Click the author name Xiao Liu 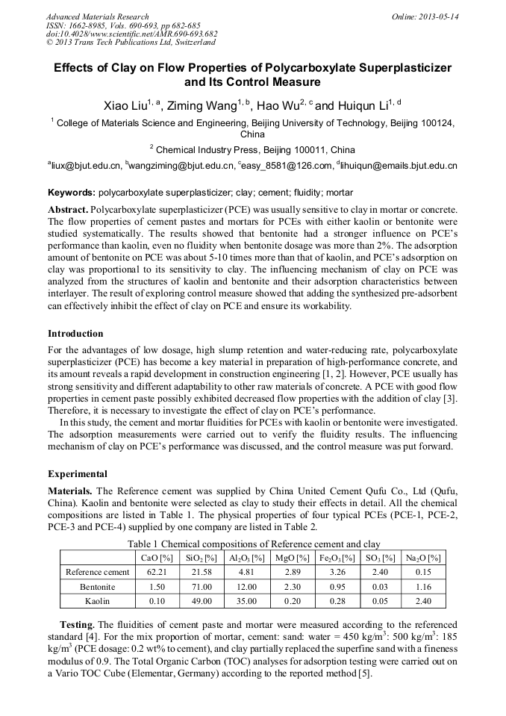(128, 105)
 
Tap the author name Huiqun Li (362, 105)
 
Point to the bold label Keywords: (72, 191)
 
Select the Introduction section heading (75, 333)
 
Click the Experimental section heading (78, 473)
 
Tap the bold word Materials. (70, 491)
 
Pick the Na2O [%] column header (423, 558)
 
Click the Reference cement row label (98, 572)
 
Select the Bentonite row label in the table (98, 586)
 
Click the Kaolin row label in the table (98, 600)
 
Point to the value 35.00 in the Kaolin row (247, 600)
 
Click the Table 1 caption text (254, 544)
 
